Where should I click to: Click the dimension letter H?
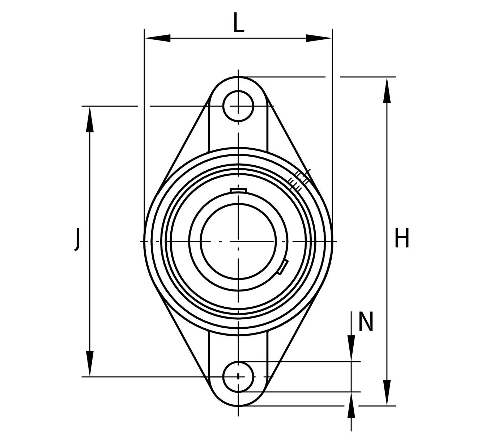click(x=402, y=238)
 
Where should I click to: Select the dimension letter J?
click(x=77, y=239)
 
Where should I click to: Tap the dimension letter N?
click(x=366, y=322)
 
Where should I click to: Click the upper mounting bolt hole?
click(x=238, y=106)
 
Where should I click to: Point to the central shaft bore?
click(x=238, y=242)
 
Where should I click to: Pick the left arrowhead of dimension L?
click(x=157, y=38)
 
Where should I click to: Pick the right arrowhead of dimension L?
click(x=319, y=38)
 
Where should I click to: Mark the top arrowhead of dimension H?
click(x=387, y=90)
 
